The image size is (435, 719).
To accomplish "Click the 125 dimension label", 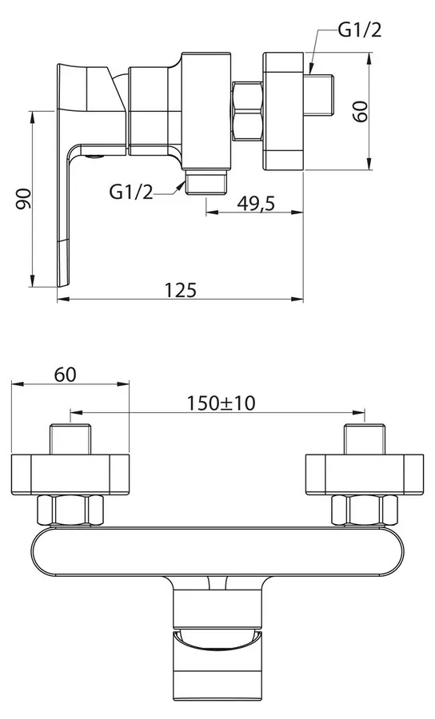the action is click(x=181, y=290).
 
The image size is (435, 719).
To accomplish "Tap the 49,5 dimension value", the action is click(x=256, y=203).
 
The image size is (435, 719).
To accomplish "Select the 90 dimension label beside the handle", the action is click(x=23, y=199).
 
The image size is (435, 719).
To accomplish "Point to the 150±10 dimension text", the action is click(x=221, y=403).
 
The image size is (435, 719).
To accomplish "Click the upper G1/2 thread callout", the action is click(x=360, y=30).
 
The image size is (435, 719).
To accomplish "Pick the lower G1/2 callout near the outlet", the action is click(x=131, y=192).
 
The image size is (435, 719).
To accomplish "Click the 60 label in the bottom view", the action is click(x=65, y=375).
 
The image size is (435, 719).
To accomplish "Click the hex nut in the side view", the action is click(x=247, y=111).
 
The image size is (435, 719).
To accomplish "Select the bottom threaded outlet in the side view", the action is click(x=206, y=182).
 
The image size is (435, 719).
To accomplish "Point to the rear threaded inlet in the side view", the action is click(x=319, y=94).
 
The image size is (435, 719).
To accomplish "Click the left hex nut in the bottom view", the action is click(x=70, y=510).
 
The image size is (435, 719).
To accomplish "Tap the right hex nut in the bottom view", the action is click(x=365, y=510).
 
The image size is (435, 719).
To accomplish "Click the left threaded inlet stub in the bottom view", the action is click(x=70, y=439).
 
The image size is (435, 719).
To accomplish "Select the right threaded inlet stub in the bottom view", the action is click(x=365, y=439).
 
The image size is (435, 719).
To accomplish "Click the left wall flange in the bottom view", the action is click(x=70, y=475).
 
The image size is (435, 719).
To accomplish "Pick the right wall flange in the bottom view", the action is click(x=365, y=475).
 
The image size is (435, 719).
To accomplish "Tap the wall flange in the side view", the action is click(x=283, y=111).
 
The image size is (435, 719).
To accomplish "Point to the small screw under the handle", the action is click(x=94, y=157).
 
